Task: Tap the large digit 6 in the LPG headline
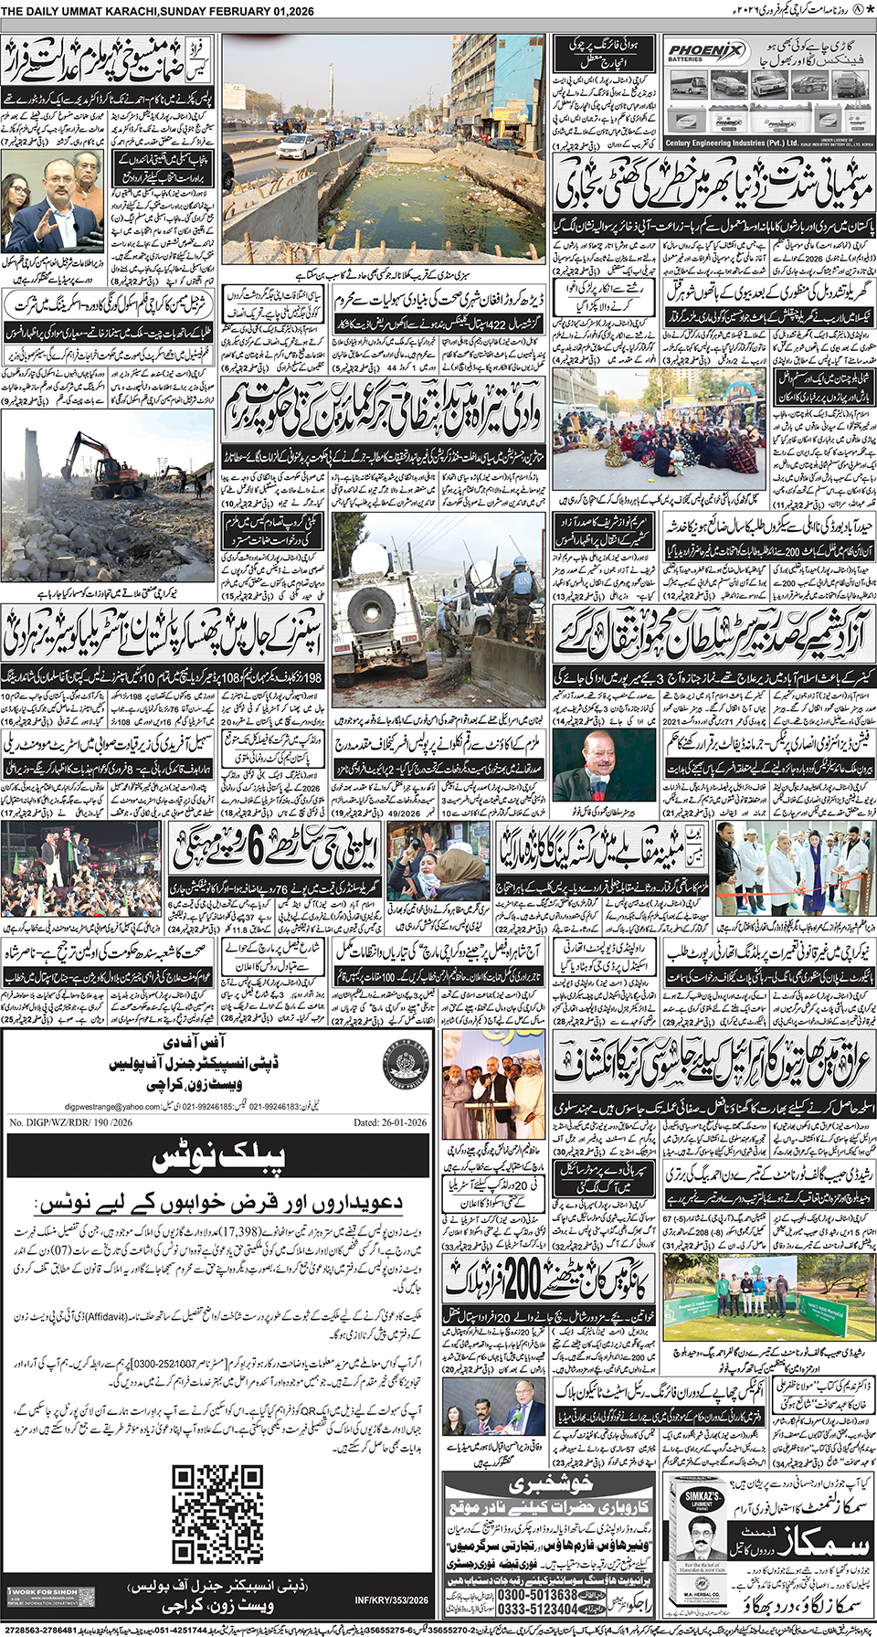tap(257, 847)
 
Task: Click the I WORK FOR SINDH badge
tap(50, 1596)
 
